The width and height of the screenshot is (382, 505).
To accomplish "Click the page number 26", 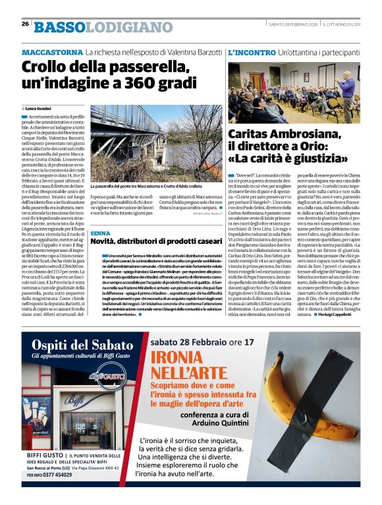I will (x=25, y=24).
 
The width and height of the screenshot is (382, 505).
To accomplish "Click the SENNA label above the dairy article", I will (x=101, y=233).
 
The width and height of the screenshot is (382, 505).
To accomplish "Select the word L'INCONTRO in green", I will (x=251, y=51).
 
